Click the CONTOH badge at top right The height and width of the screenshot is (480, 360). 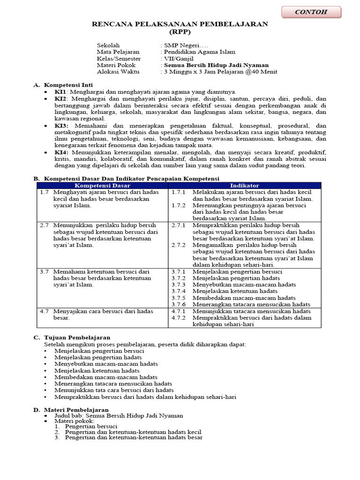(x=311, y=12)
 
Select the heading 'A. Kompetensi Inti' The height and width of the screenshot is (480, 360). (x=63, y=85)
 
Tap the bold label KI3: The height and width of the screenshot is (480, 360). (x=61, y=126)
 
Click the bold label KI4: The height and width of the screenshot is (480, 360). (x=61, y=153)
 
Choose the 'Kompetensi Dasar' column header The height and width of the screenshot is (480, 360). (x=102, y=186)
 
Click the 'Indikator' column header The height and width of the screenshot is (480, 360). (x=244, y=186)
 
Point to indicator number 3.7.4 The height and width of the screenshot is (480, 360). (x=179, y=291)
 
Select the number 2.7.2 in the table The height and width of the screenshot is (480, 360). (x=179, y=245)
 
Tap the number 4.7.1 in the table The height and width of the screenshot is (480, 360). (x=179, y=311)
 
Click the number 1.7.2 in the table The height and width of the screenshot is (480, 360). (x=179, y=205)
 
